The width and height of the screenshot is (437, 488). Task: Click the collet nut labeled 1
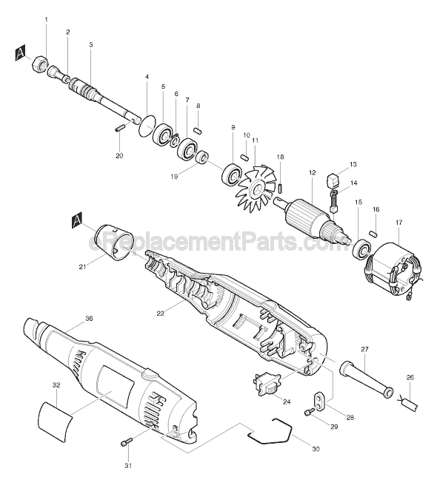(40, 63)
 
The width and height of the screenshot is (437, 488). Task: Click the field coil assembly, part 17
(394, 271)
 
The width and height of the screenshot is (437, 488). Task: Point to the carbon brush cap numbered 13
(333, 180)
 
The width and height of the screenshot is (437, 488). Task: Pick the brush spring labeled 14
(333, 202)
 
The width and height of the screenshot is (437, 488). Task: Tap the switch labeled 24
(265, 384)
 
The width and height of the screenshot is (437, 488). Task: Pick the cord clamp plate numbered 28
(319, 401)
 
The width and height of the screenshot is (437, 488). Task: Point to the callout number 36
(89, 319)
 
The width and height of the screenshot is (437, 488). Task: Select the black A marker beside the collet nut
(20, 53)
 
